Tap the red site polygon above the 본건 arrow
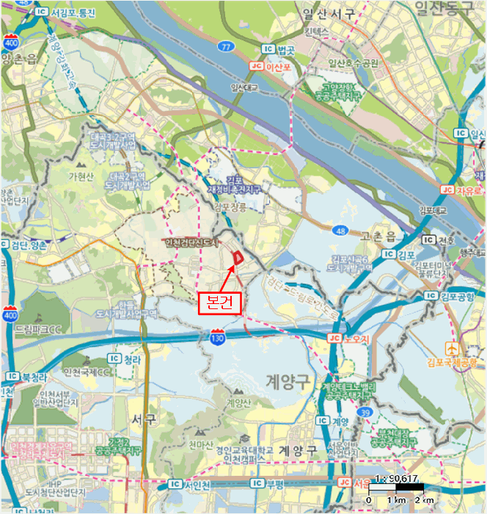pyautogui.click(x=238, y=257)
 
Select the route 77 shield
pyautogui.click(x=226, y=46)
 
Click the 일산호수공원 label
pyautogui.click(x=354, y=63)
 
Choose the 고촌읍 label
pyautogui.click(x=378, y=235)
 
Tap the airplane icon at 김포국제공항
pyautogui.click(x=453, y=347)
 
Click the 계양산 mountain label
pyautogui.click(x=238, y=402)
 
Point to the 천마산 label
pyautogui.click(x=200, y=444)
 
